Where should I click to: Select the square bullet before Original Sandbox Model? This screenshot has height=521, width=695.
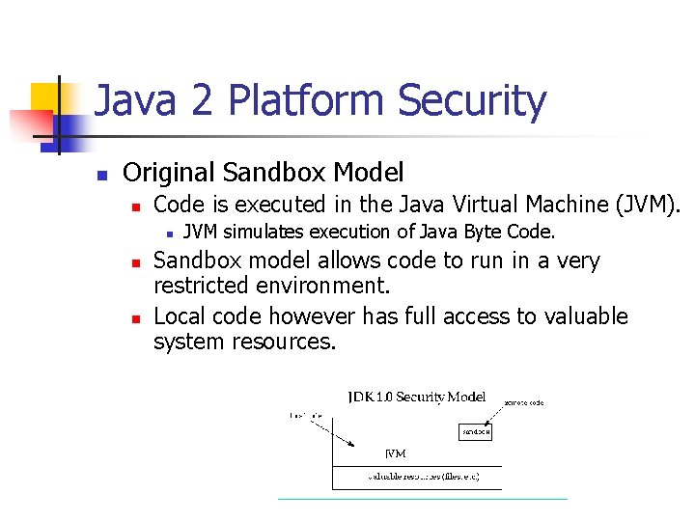pos(99,176)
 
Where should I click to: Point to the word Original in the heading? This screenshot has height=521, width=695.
pos(169,174)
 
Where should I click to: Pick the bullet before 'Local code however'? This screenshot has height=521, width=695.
pos(137,318)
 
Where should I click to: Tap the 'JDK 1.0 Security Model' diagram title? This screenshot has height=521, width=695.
pos(416,398)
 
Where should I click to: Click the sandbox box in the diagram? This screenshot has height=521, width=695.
pos(475,433)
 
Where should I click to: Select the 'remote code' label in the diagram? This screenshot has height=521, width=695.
pos(524,403)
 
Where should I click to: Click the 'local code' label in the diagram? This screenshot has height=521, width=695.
pos(306,415)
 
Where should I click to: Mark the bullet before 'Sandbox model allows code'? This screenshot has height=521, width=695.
pos(137,262)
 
